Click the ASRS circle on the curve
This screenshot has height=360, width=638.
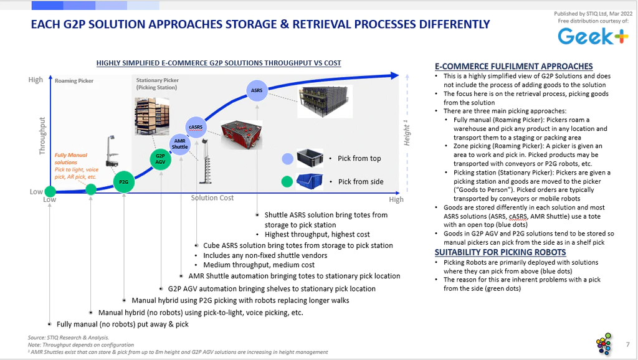click(257, 90)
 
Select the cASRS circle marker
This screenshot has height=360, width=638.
click(196, 127)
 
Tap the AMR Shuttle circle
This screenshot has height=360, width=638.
click(180, 144)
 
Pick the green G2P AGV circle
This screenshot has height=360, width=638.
click(160, 159)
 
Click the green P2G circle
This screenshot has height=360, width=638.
click(124, 182)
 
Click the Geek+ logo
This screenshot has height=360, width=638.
click(593, 36)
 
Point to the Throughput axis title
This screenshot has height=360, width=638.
click(42, 136)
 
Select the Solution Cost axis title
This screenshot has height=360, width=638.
click(212, 197)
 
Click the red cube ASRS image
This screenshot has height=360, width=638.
click(241, 135)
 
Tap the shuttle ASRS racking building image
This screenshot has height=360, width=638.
click(324, 102)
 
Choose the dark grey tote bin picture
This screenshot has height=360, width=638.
click(310, 158)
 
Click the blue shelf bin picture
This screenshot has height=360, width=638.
click(310, 181)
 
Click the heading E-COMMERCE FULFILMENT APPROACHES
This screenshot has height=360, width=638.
click(514, 66)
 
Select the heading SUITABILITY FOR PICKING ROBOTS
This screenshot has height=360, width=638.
click(500, 252)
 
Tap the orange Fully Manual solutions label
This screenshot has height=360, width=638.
click(71, 159)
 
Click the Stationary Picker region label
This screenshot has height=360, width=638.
click(158, 84)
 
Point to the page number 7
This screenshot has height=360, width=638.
click(628, 344)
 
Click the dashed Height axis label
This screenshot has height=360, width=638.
click(406, 133)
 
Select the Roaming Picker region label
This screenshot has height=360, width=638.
click(74, 80)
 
